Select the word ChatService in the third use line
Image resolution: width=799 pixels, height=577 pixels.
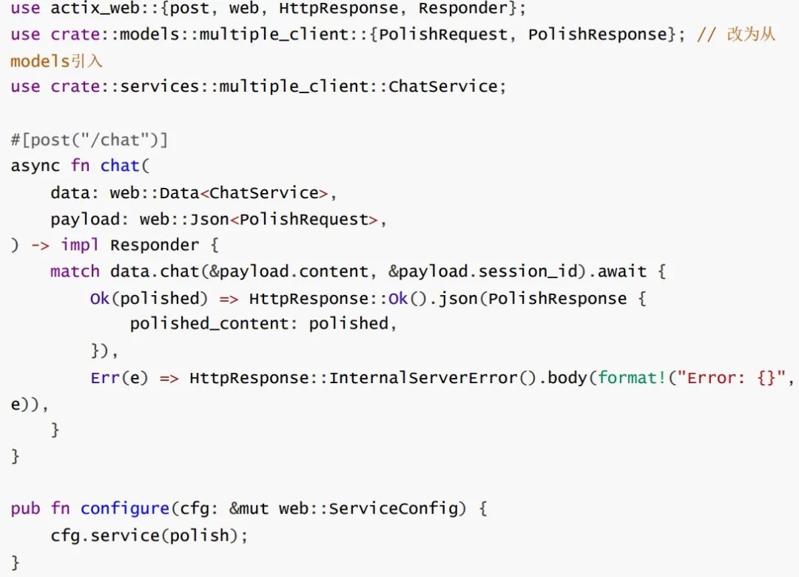443,87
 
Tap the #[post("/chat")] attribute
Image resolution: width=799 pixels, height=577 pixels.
90,140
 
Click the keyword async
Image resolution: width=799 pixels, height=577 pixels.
35,166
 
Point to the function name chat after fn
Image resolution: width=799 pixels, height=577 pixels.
120,166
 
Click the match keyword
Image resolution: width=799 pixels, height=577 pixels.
75,271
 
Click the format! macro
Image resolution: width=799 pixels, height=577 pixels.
632,378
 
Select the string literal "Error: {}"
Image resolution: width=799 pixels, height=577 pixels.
738,378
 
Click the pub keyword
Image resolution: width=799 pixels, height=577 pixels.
25,509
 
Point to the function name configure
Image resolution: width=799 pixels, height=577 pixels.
124,509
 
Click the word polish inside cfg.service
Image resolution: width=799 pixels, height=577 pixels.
199,536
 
